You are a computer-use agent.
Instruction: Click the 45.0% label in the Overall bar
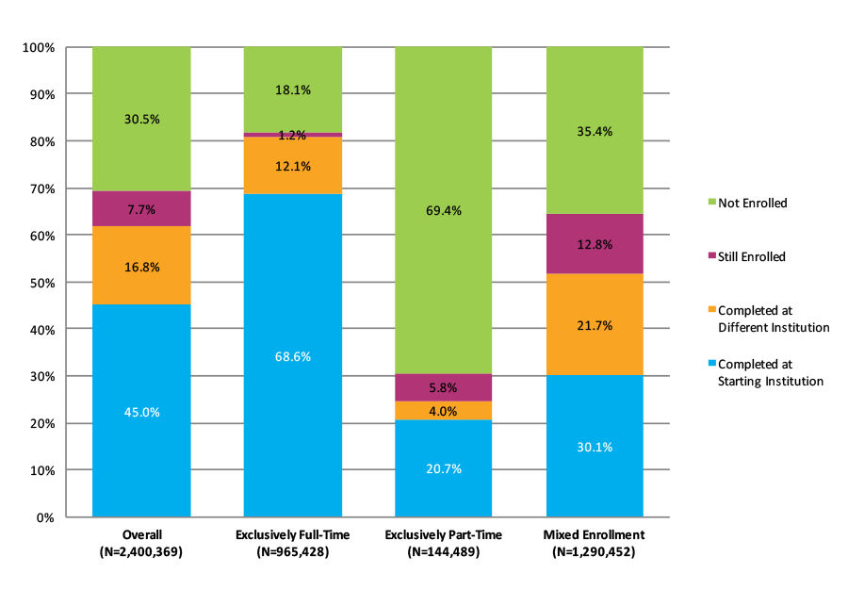141,411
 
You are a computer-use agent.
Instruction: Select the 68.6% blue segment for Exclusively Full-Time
292,356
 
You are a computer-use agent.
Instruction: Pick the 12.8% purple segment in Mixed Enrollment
595,244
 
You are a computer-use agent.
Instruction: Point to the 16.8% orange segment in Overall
141,267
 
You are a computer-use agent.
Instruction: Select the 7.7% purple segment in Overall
141,209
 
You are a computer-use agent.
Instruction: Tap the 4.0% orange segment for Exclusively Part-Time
444,411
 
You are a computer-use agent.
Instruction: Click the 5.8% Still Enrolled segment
444,387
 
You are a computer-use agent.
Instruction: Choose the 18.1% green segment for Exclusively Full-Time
292,90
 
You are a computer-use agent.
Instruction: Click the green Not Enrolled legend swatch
710,203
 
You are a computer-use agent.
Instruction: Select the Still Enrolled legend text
751,256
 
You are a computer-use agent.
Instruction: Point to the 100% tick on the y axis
43,47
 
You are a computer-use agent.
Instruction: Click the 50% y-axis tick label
46,283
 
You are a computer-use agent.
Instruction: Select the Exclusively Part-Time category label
444,535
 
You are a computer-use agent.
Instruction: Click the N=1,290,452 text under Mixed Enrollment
595,552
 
